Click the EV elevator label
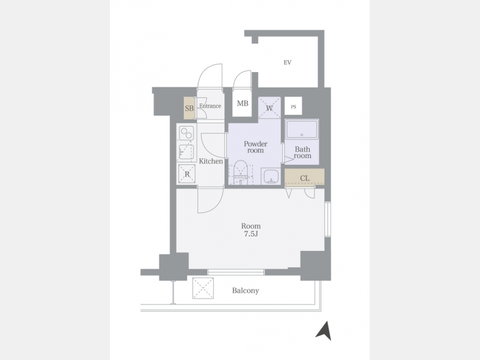click(x=287, y=62)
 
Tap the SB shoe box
click(x=189, y=108)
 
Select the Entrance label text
click(x=210, y=106)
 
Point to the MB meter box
click(x=242, y=103)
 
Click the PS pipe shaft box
click(x=293, y=106)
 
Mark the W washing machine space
click(x=269, y=107)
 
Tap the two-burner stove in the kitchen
click(x=186, y=134)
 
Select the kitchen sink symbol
click(x=186, y=152)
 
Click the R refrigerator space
click(x=187, y=174)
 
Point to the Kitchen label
click(x=211, y=161)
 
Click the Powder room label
click(x=255, y=147)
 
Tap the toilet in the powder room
click(x=241, y=172)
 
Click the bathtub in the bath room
click(x=302, y=129)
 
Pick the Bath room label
click(x=302, y=152)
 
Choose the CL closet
click(x=305, y=178)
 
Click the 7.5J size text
click(x=251, y=234)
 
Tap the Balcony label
click(x=245, y=291)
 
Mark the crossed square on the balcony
click(x=203, y=288)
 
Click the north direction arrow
click(x=324, y=331)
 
